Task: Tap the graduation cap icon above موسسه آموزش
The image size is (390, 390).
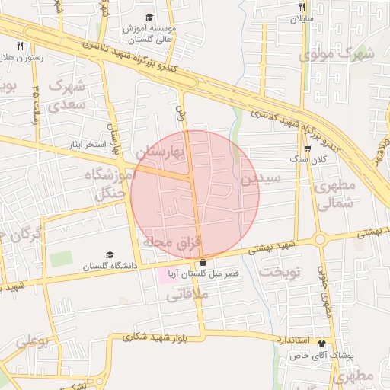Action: [149, 17]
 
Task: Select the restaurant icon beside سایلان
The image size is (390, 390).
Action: [302, 7]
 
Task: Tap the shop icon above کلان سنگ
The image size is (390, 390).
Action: [307, 149]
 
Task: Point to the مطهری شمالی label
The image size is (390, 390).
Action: [334, 195]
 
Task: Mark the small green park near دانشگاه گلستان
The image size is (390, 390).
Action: [60, 258]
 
